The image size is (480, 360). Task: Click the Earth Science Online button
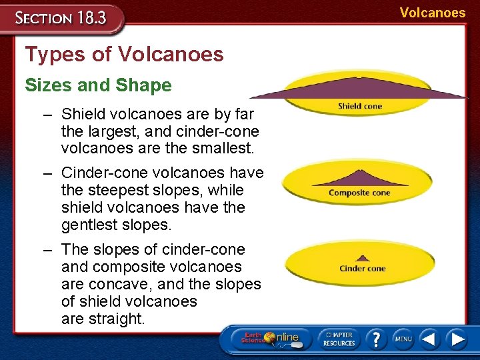tap(271, 339)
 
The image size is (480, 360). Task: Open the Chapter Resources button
tap(339, 339)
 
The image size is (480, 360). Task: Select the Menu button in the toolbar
tap(403, 339)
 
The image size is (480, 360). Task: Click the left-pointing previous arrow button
tap(430, 339)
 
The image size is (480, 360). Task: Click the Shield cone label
tap(359, 106)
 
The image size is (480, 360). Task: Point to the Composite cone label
tap(359, 193)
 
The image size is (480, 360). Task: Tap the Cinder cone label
tap(362, 269)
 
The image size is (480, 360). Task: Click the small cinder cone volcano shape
tap(362, 257)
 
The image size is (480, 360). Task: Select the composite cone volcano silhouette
tap(361, 178)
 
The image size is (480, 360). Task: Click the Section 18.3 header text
tap(61, 17)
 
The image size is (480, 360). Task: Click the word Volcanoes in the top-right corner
tap(433, 13)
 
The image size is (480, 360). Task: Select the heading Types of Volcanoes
tap(124, 55)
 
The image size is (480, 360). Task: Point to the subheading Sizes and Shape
tap(98, 85)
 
